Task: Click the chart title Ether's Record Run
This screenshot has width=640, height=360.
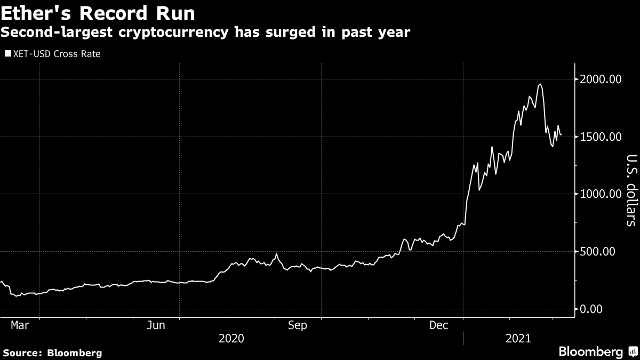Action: (98, 13)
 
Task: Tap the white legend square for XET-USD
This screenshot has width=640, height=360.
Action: (7, 54)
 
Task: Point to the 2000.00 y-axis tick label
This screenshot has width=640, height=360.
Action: (600, 79)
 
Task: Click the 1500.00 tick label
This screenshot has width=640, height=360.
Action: (600, 137)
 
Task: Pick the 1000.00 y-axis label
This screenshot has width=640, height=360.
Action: (600, 194)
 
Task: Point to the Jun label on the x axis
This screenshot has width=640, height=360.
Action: (155, 325)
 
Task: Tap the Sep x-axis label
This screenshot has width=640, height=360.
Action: (298, 325)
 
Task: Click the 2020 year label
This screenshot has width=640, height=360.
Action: (231, 338)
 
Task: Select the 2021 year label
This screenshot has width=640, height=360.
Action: (517, 338)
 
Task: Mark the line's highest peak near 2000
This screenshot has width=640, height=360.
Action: (541, 84)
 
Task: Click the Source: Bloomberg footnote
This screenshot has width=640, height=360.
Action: (52, 353)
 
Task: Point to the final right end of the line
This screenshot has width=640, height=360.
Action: (561, 134)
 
